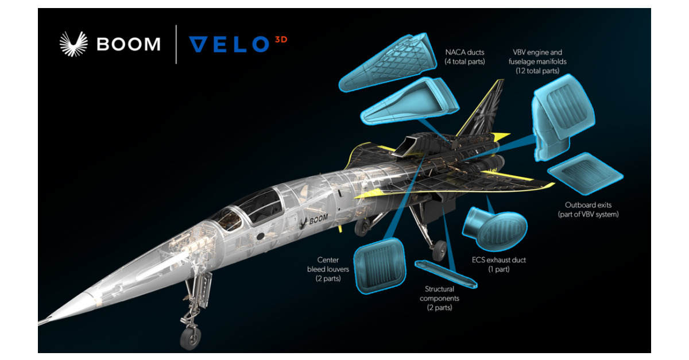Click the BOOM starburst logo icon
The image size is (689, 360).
(74, 44)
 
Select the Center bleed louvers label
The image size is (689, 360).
(324, 268)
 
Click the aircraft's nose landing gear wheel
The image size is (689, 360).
(190, 338)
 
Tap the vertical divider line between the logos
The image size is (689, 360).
(176, 44)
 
